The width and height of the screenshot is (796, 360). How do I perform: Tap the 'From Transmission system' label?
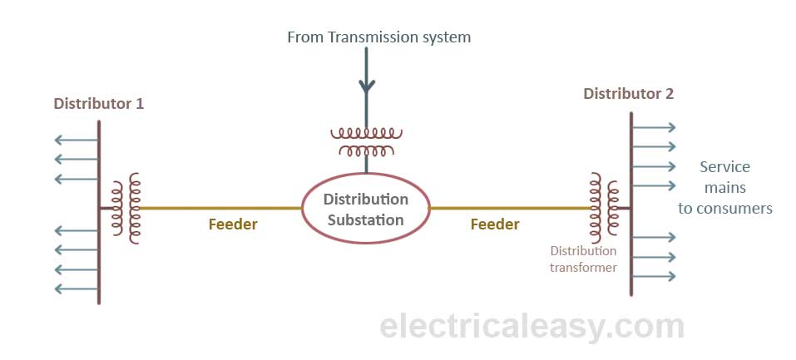pyautogui.click(x=378, y=37)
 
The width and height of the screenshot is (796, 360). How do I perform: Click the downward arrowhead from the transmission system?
pyautogui.click(x=366, y=86)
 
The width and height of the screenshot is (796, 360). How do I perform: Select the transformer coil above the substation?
pyautogui.click(x=366, y=141)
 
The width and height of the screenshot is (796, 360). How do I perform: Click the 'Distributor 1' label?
pyautogui.click(x=98, y=104)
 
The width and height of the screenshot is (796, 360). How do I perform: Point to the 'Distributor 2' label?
pyautogui.click(x=629, y=94)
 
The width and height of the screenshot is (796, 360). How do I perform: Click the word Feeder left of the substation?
pyautogui.click(x=233, y=224)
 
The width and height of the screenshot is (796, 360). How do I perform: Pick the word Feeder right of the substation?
pyautogui.click(x=495, y=224)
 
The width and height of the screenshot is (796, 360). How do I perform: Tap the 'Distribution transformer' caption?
pyautogui.click(x=583, y=259)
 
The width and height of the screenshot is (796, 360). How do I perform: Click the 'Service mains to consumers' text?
pyautogui.click(x=724, y=188)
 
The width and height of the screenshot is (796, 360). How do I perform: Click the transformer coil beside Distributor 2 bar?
pyautogui.click(x=604, y=208)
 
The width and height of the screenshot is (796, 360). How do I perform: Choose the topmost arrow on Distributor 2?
pyautogui.click(x=654, y=127)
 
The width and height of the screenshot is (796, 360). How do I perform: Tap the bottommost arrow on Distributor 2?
pyautogui.click(x=654, y=276)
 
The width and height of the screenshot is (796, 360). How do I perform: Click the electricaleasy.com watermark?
pyautogui.click(x=531, y=327)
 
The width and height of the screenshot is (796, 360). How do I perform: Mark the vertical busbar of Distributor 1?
pyautogui.click(x=99, y=249)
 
